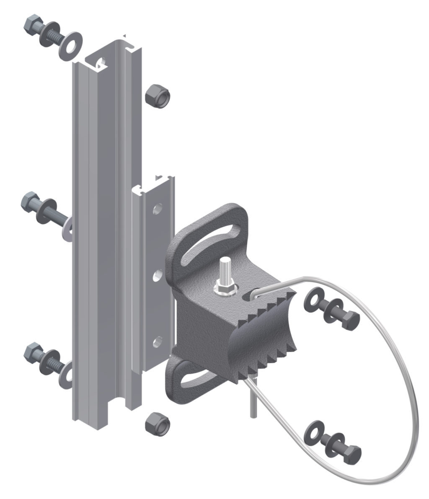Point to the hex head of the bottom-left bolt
[32, 352]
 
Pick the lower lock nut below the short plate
[157, 424]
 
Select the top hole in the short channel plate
[158, 208]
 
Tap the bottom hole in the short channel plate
[158, 342]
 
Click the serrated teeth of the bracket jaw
[268, 335]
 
